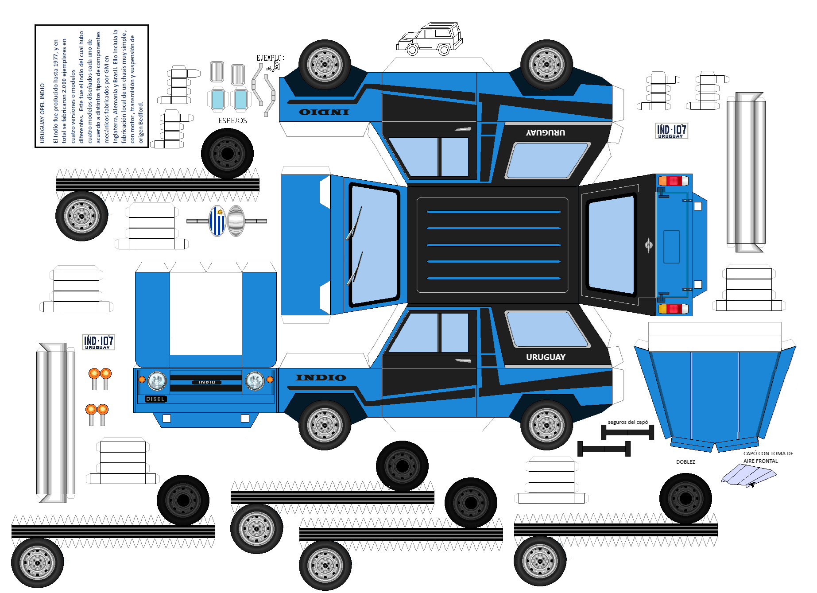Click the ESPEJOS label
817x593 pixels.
click(232, 120)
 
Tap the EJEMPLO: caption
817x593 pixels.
click(270, 58)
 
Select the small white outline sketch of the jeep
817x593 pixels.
click(429, 39)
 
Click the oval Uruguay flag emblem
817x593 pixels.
click(217, 221)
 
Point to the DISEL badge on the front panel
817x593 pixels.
click(155, 399)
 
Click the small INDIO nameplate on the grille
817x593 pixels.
click(206, 382)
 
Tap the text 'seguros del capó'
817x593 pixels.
click(627, 422)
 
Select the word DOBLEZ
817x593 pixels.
click(685, 462)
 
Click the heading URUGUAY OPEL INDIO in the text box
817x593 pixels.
click(43, 113)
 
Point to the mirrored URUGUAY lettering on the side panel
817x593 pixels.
click(546, 132)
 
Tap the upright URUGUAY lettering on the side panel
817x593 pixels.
click(546, 357)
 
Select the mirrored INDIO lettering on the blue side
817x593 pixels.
click(324, 112)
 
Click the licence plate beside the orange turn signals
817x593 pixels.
click(98, 342)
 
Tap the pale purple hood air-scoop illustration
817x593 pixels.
click(748, 475)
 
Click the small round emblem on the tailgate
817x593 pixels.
click(649, 245)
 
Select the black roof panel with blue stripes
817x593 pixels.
click(492, 245)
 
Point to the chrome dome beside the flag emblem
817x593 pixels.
click(236, 221)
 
